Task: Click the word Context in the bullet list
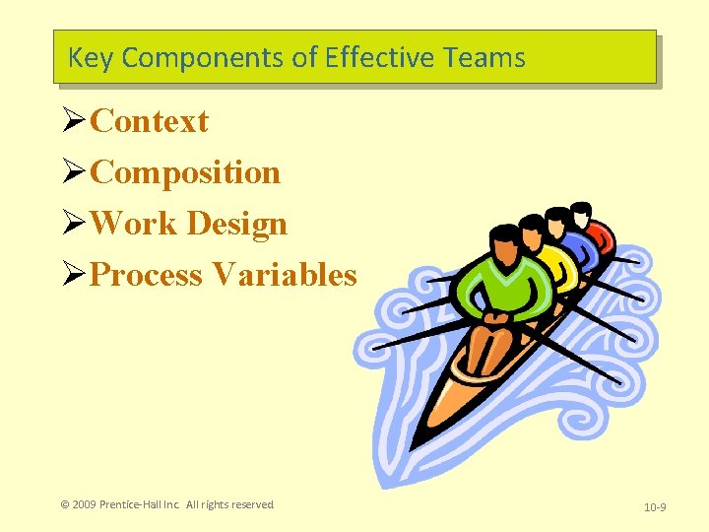pyautogui.click(x=149, y=121)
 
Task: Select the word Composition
pyautogui.click(x=185, y=172)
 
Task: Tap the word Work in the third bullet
pyautogui.click(x=134, y=224)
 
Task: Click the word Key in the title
pyautogui.click(x=91, y=57)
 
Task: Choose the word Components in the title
pyautogui.click(x=204, y=57)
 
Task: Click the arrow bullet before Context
pyautogui.click(x=74, y=121)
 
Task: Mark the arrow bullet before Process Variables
pyautogui.click(x=74, y=274)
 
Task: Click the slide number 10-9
pyautogui.click(x=655, y=507)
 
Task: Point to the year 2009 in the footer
pyautogui.click(x=88, y=504)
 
